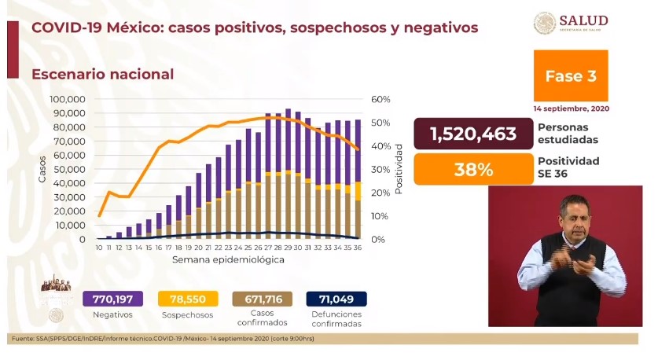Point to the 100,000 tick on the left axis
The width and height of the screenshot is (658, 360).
67,100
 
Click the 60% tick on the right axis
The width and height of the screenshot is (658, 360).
380,100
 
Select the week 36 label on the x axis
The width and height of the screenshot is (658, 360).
358,248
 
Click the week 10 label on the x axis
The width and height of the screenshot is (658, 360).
99,248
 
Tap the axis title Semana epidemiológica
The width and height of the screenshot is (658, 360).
228,260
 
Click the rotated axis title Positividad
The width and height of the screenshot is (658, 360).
399,169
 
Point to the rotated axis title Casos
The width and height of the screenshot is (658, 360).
42,169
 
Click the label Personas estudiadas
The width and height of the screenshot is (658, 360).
568,134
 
